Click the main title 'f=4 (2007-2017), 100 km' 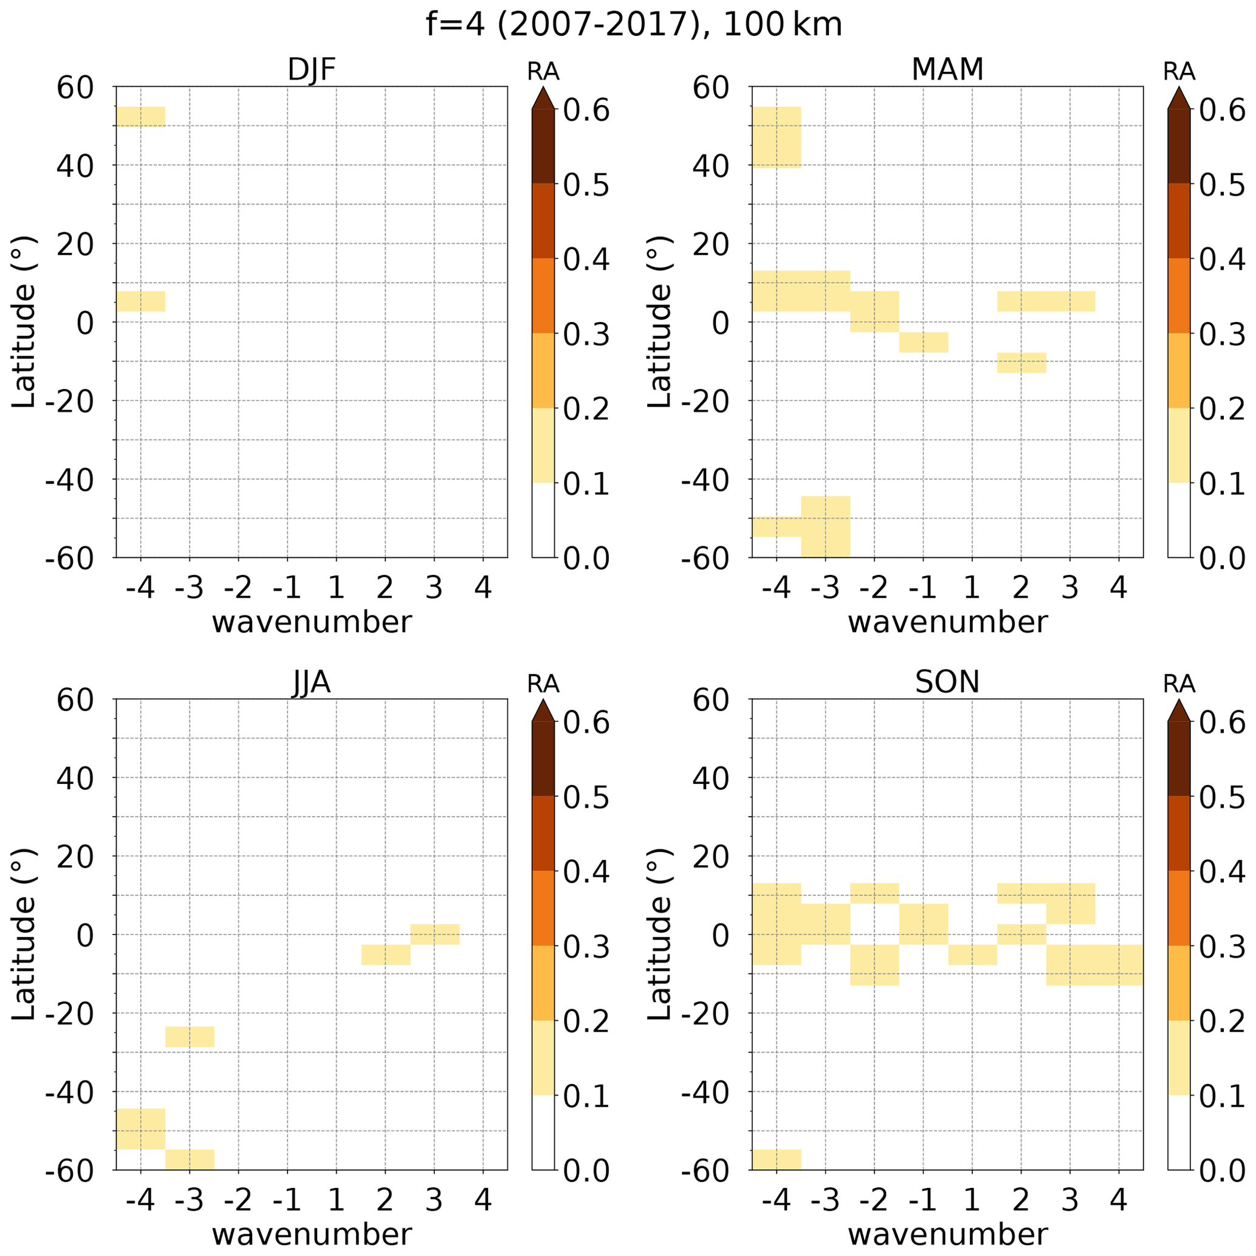(634, 26)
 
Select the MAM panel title (947, 69)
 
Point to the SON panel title (947, 682)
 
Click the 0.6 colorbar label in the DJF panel (586, 111)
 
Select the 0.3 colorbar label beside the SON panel (1221, 947)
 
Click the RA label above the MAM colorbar (1179, 72)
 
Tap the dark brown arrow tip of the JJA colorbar (543, 710)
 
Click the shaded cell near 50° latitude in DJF (140, 117)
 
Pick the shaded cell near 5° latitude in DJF (140, 301)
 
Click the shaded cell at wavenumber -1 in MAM (923, 342)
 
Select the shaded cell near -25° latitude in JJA (189, 1036)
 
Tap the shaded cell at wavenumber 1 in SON (972, 955)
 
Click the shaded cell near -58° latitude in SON (776, 1159)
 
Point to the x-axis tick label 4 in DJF (482, 588)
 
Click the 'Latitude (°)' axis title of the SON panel (659, 934)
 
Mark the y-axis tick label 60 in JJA (75, 700)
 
